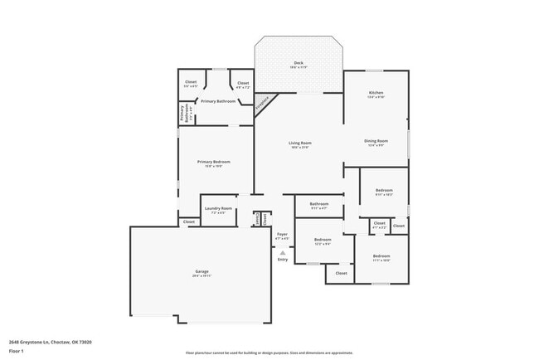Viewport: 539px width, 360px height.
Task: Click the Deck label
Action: point(299,64)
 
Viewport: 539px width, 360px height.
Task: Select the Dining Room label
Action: point(376,142)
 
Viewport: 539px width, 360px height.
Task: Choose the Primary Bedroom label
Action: point(213,163)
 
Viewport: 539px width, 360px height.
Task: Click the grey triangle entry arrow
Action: point(282,252)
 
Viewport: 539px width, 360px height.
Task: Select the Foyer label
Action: point(282,236)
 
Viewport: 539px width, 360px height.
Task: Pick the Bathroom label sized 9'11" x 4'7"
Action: point(319,205)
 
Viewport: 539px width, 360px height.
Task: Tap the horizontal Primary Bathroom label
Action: point(218,101)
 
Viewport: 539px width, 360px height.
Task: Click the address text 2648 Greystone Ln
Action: point(50,342)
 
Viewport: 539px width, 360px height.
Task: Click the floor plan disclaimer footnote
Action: point(269,352)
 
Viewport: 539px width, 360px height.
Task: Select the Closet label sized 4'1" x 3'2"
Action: point(379,224)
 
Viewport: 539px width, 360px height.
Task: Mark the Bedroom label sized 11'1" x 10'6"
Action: point(381,257)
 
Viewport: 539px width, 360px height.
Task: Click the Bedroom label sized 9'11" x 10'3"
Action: point(383,192)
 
